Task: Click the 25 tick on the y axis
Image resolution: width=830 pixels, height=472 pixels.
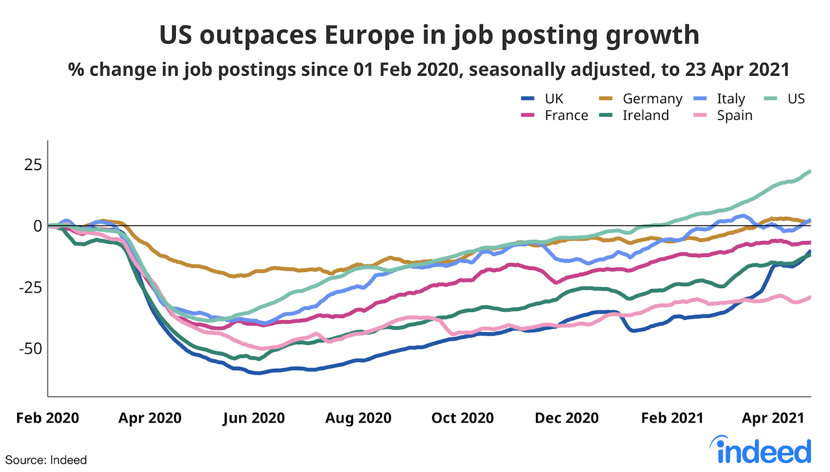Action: pyautogui.click(x=33, y=165)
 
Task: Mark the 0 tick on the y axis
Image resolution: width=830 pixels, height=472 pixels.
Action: pyautogui.click(x=37, y=226)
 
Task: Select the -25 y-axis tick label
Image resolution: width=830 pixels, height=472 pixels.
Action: pyautogui.click(x=30, y=287)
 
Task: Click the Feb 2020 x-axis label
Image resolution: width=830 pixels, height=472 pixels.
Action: pyautogui.click(x=48, y=418)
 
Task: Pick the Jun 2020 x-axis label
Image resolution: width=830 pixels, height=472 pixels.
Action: pyautogui.click(x=254, y=418)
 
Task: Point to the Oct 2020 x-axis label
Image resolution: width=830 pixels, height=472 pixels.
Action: pyautogui.click(x=462, y=418)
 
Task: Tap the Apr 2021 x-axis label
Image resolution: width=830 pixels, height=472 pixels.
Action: pyautogui.click(x=772, y=418)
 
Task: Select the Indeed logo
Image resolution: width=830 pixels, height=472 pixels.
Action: pyautogui.click(x=761, y=450)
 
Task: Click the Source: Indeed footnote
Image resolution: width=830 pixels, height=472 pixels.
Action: pyautogui.click(x=46, y=460)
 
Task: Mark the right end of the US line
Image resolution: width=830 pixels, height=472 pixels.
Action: pyautogui.click(x=810, y=171)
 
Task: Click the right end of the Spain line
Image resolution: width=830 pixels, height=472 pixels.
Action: pyautogui.click(x=810, y=297)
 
